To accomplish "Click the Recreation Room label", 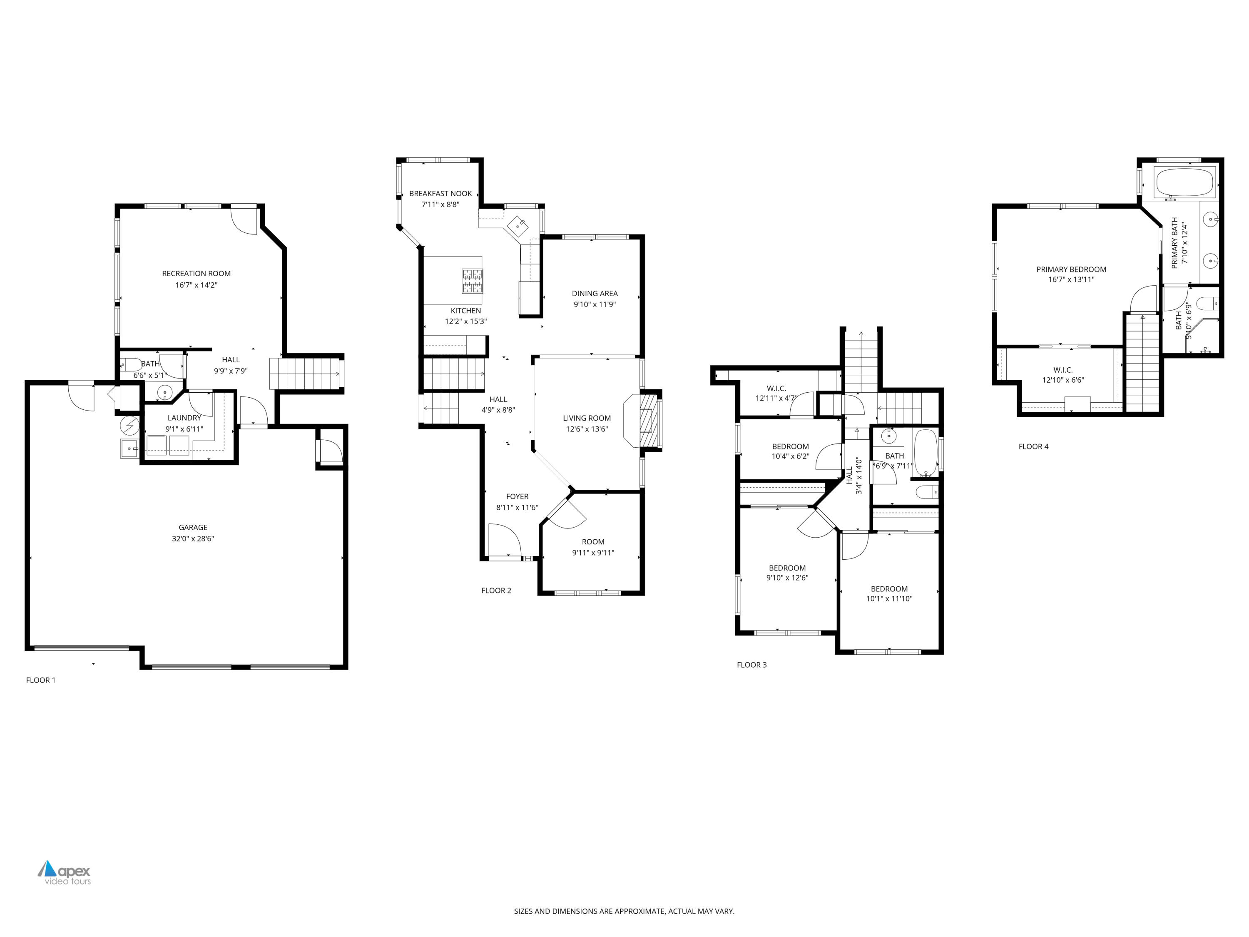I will point(196,273).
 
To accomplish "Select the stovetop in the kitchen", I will point(472,281).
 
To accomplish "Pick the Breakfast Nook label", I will point(440,193).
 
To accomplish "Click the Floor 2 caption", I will point(496,590).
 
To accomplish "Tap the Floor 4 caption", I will point(1033,446).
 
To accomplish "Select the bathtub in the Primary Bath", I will point(1184,182).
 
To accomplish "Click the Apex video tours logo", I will point(65,872).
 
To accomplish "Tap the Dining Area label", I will point(594,293).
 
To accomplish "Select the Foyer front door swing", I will point(504,540).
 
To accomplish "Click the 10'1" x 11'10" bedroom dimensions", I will point(889,599).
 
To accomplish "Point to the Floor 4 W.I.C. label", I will point(1062,370).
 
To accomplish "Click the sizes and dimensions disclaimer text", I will point(624,911).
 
